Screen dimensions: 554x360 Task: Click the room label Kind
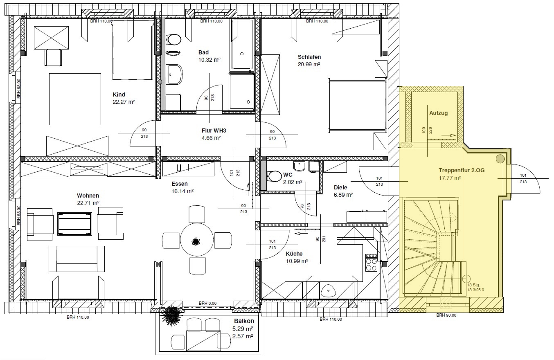[119, 94]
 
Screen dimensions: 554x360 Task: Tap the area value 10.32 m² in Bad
[209, 60]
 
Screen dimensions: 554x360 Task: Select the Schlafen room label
[309, 57]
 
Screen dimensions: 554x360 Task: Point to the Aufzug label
[438, 113]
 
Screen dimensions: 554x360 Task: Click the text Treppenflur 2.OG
[462, 170]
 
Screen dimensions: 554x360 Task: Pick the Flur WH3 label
[214, 130]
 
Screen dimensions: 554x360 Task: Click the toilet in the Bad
[173, 40]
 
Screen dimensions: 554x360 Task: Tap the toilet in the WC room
[274, 177]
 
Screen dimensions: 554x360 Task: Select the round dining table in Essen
[197, 240]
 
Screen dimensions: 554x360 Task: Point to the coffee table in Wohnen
[74, 224]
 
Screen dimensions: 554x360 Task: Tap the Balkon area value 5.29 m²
[243, 329]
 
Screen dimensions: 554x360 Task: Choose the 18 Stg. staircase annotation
[473, 285]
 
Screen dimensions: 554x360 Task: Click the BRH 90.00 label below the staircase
[446, 315]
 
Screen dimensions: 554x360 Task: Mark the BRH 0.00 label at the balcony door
[208, 303]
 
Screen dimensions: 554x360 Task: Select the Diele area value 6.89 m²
[343, 195]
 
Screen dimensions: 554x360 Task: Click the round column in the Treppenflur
[500, 158]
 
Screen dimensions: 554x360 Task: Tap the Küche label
[294, 254]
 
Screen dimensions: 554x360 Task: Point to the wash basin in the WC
[300, 166]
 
